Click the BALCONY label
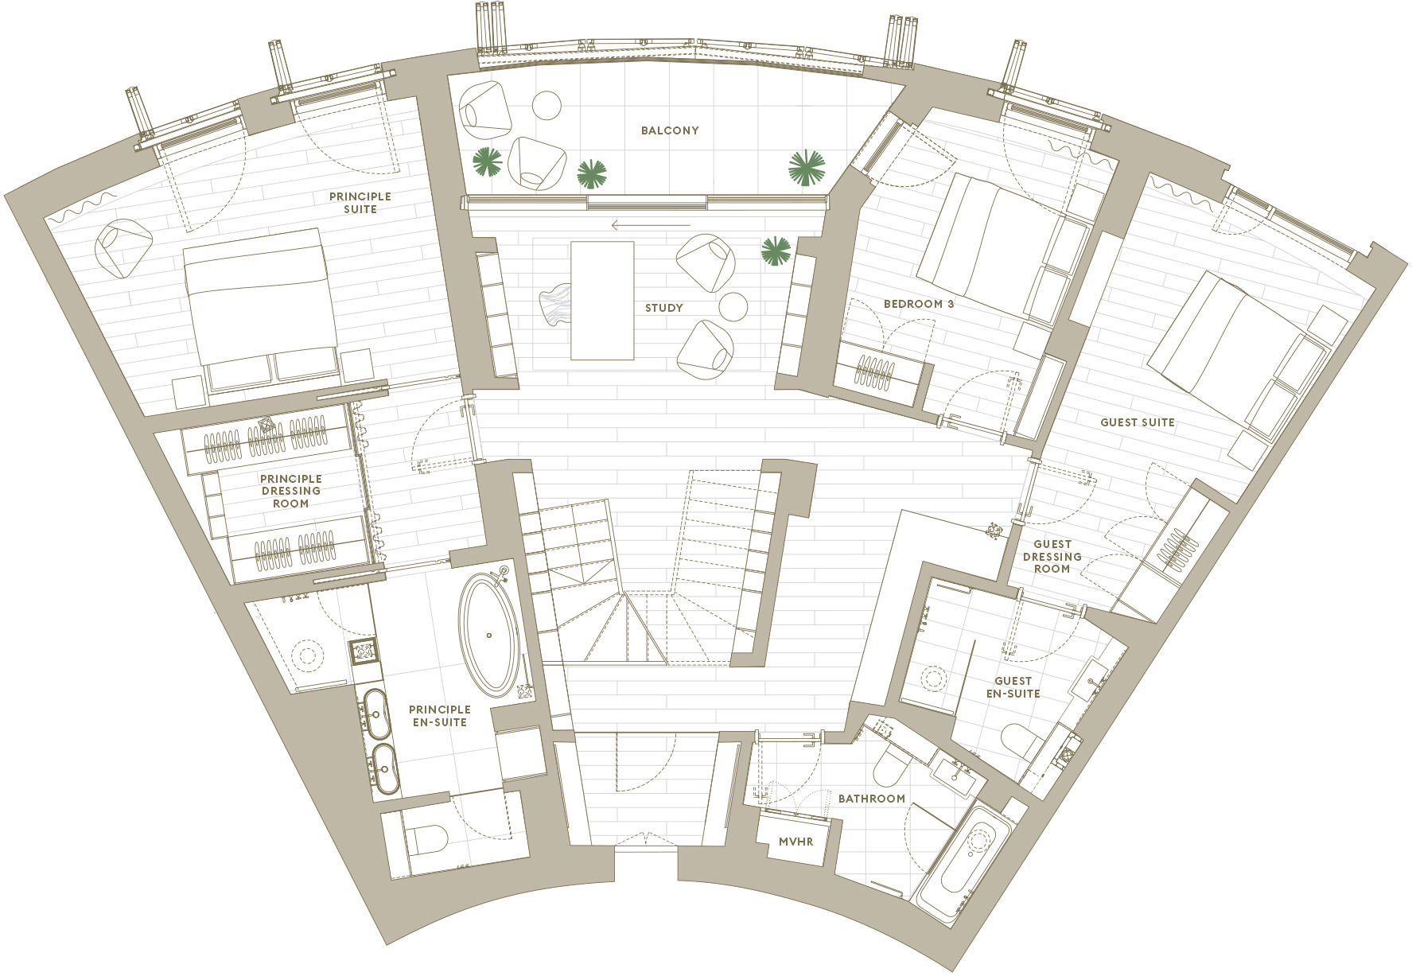pyautogui.click(x=670, y=130)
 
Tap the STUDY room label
pyautogui.click(x=663, y=308)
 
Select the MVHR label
pyautogui.click(x=796, y=841)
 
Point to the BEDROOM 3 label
pyautogui.click(x=919, y=304)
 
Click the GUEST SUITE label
pyautogui.click(x=1138, y=422)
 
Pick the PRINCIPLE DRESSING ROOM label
pyautogui.click(x=291, y=491)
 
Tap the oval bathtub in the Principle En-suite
pyautogui.click(x=489, y=636)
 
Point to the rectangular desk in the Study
pyautogui.click(x=602, y=301)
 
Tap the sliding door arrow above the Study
pyautogui.click(x=651, y=225)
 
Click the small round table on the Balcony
pyautogui.click(x=547, y=104)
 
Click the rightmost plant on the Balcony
pyautogui.click(x=807, y=168)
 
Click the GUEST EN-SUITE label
pyautogui.click(x=1013, y=687)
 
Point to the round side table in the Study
pyautogui.click(x=733, y=306)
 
